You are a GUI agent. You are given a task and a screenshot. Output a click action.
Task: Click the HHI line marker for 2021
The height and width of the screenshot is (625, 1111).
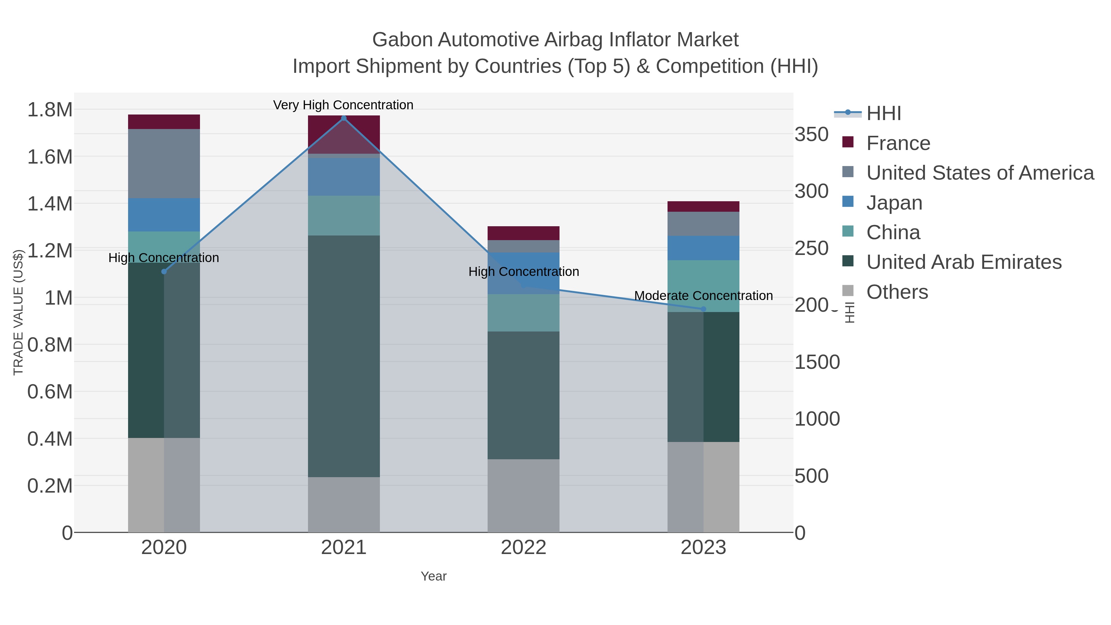[344, 118]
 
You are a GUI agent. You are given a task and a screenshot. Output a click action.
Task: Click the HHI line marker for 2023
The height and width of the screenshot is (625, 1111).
[703, 309]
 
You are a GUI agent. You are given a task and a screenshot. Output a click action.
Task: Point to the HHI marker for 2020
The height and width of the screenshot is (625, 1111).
[164, 272]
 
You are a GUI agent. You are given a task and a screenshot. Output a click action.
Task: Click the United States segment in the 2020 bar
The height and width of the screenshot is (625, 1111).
[164, 164]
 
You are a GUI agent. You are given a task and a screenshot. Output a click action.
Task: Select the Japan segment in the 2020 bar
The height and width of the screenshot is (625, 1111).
[164, 215]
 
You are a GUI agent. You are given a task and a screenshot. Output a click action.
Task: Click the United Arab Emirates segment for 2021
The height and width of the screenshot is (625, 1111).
[344, 356]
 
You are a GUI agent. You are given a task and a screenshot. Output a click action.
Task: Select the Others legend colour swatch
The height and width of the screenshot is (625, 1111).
[847, 291]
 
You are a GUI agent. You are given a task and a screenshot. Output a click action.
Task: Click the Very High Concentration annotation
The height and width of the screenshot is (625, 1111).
[343, 105]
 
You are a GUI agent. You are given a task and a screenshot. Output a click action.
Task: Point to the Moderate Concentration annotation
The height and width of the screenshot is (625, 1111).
[703, 296]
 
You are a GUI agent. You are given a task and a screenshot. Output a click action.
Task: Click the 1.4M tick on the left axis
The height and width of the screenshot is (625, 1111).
[50, 204]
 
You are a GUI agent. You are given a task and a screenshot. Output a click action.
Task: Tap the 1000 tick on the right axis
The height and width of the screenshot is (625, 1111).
[817, 419]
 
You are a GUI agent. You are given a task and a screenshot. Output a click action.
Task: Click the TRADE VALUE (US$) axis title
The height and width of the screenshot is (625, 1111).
[18, 312]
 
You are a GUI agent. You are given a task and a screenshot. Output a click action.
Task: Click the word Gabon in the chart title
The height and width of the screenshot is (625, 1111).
[402, 40]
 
